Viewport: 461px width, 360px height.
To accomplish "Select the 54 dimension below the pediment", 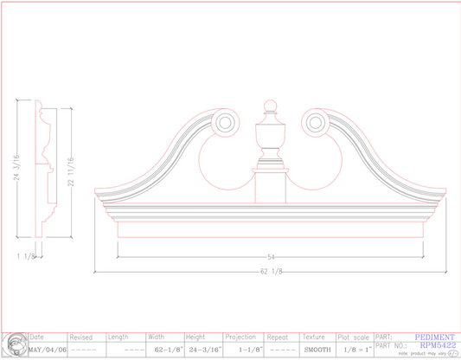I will (x=271, y=257).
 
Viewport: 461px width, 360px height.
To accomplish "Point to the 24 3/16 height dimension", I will (x=16, y=167).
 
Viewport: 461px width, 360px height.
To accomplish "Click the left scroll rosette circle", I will (x=225, y=122).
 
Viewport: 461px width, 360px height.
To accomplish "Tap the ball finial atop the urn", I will (x=269, y=108).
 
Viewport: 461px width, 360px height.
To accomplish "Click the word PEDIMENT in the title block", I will (x=435, y=337).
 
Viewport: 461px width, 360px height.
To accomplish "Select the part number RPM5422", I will (x=438, y=344).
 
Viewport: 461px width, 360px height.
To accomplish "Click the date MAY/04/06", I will (x=48, y=350).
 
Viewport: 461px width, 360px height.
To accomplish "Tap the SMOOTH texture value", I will (x=317, y=350).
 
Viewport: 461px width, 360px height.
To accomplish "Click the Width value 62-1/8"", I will (x=164, y=350).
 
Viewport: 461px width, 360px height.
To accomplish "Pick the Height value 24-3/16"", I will (x=205, y=350).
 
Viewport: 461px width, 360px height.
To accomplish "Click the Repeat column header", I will (x=278, y=337).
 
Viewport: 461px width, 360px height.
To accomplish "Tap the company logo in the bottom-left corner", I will (x=14, y=344).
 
